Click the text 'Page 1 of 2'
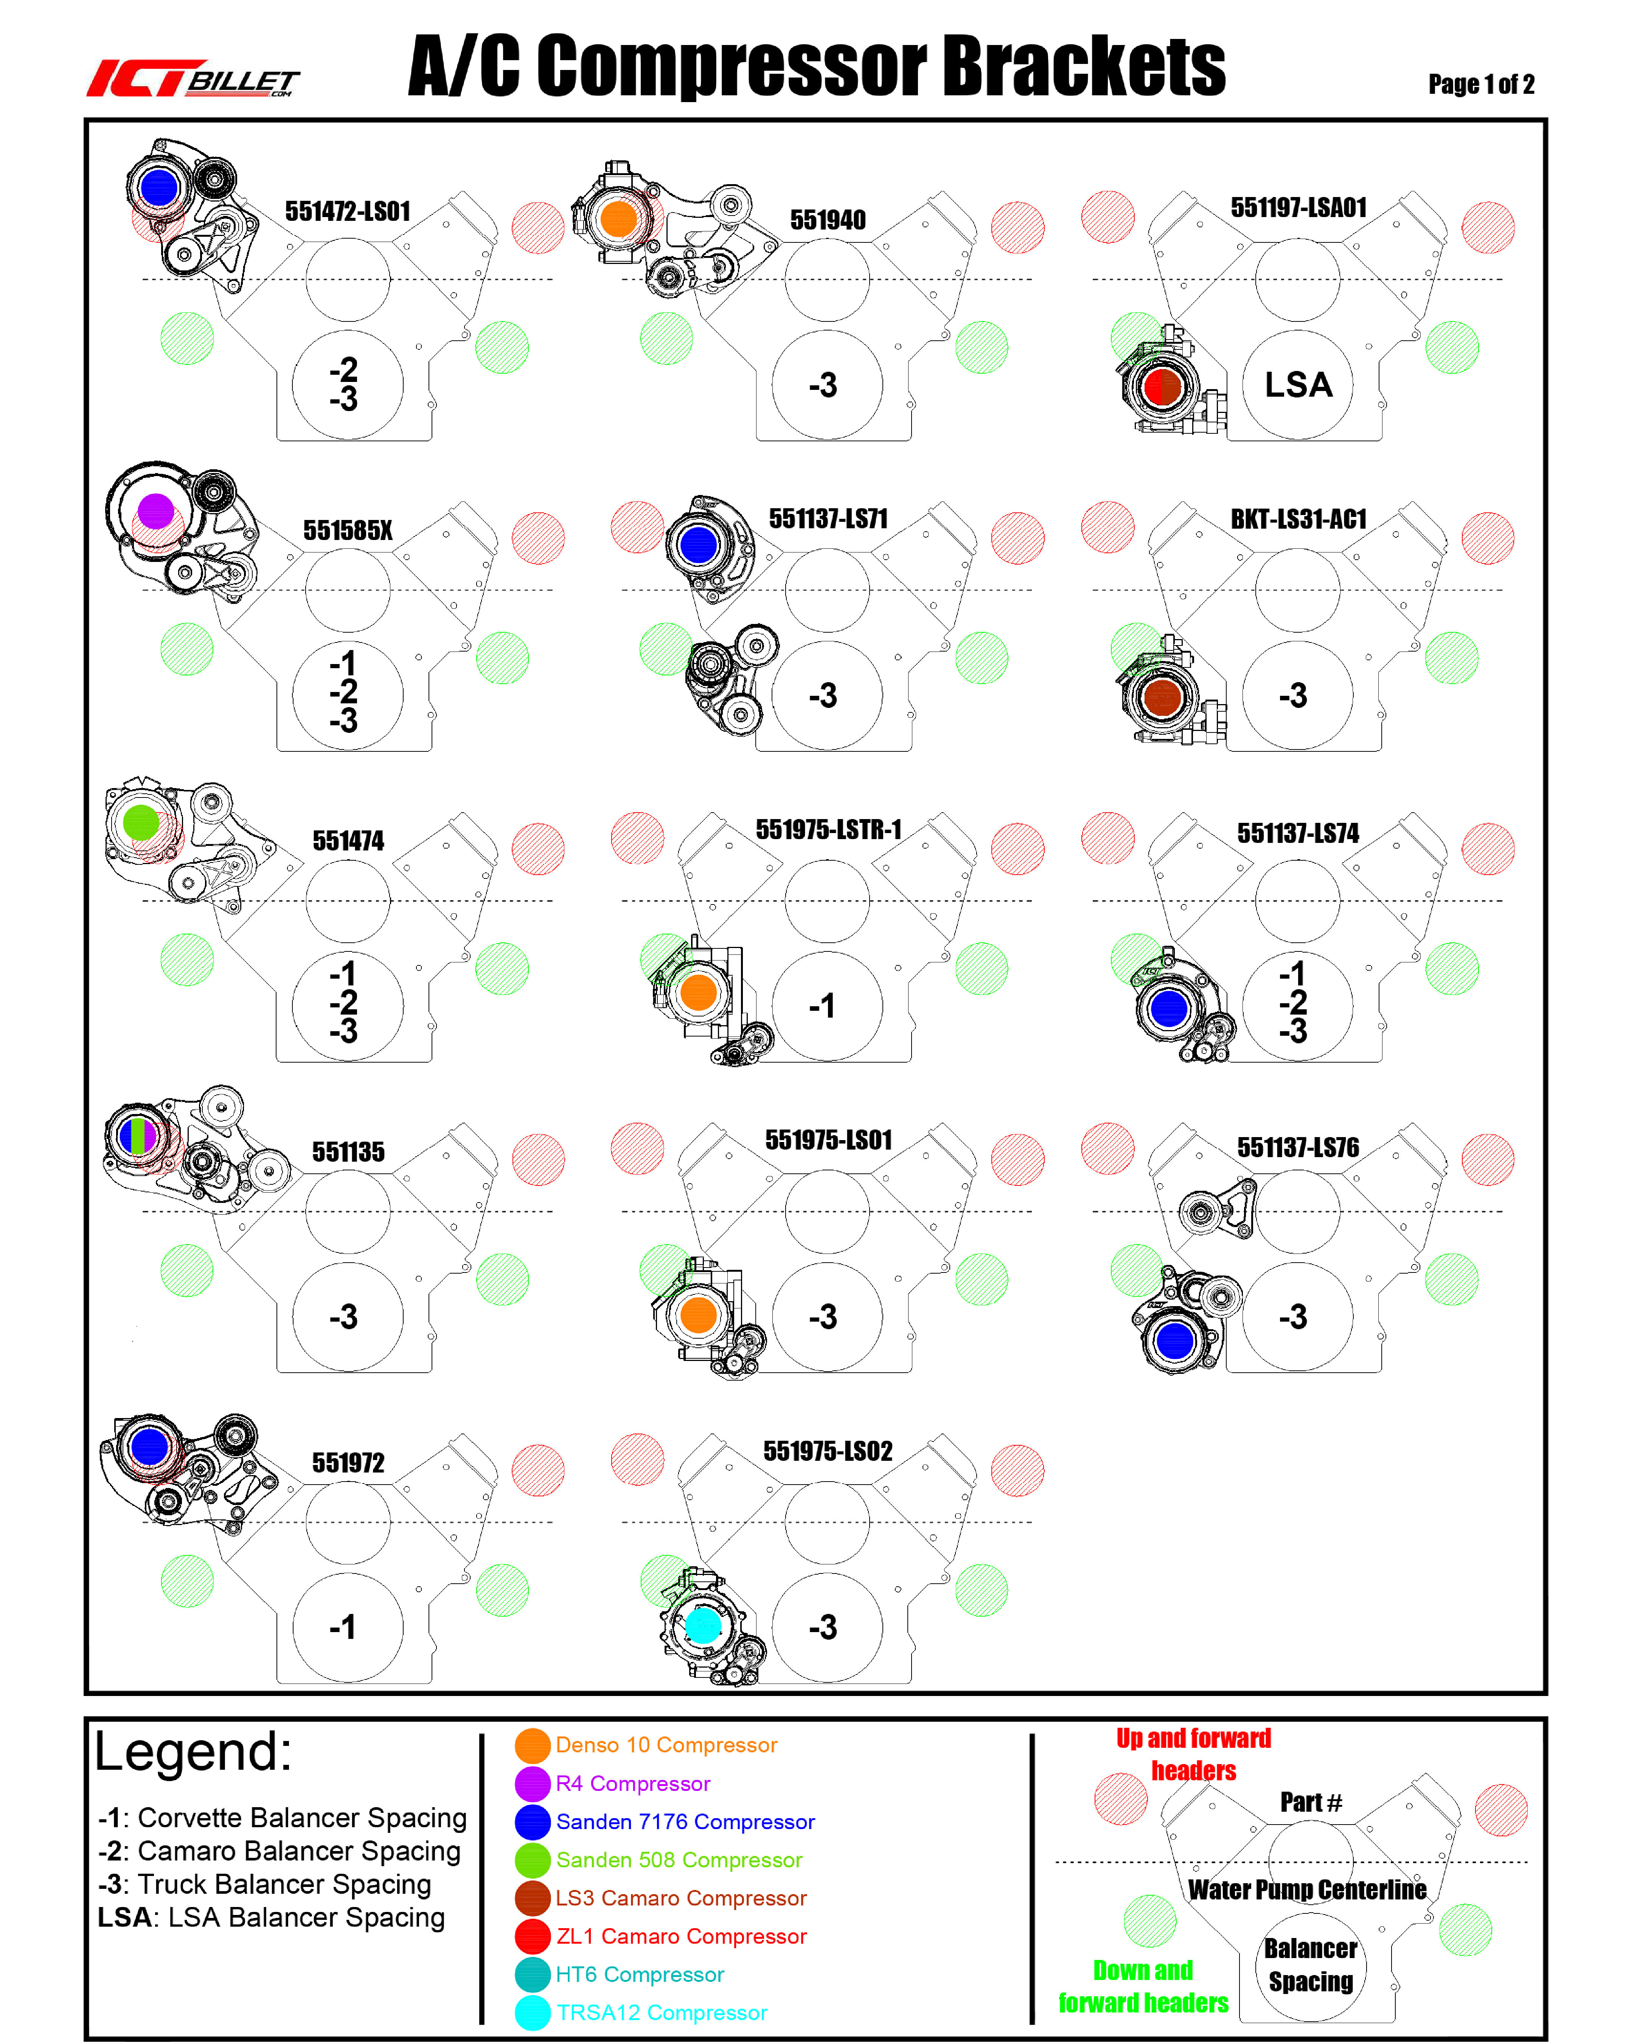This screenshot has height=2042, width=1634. (1480, 84)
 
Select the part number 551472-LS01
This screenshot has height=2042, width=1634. (348, 211)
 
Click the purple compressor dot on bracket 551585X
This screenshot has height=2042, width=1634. (156, 512)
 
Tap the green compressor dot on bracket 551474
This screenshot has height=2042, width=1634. (141, 822)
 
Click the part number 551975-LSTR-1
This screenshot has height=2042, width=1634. (828, 830)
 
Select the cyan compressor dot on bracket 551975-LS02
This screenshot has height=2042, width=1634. (703, 1625)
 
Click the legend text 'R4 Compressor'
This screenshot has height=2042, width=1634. (633, 1783)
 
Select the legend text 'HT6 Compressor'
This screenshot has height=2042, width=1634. (639, 1974)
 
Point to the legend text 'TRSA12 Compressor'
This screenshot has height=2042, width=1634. (661, 2013)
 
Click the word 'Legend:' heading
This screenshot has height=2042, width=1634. (193, 1750)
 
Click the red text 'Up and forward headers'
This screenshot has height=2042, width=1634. (1193, 1754)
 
